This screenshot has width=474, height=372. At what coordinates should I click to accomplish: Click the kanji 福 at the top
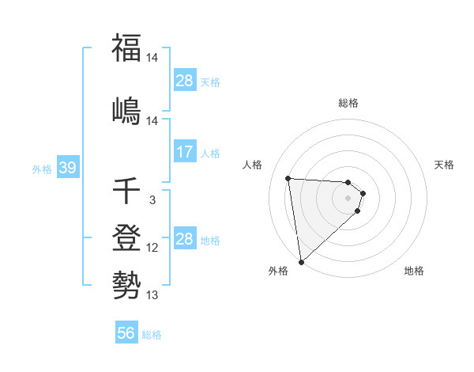126,49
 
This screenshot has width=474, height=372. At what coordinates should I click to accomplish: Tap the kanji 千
126,192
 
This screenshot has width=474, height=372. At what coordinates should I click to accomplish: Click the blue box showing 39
67,169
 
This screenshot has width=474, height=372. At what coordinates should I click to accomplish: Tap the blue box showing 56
126,333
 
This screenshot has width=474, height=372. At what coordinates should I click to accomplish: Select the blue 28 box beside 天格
185,81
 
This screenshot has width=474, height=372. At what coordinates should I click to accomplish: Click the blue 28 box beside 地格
185,238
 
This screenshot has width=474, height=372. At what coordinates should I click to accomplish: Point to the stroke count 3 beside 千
152,200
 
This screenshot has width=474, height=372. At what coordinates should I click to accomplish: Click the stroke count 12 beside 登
152,248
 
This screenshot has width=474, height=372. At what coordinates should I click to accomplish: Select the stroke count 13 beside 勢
152,295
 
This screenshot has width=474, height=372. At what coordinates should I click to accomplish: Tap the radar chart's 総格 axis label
348,103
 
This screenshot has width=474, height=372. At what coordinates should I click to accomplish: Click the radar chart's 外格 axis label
277,271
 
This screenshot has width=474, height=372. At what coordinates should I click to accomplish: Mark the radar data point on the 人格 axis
288,178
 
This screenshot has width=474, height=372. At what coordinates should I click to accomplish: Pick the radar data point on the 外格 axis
301,261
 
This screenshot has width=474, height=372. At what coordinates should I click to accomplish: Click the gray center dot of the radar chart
348,198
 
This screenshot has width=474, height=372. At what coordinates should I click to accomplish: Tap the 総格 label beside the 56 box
152,334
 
